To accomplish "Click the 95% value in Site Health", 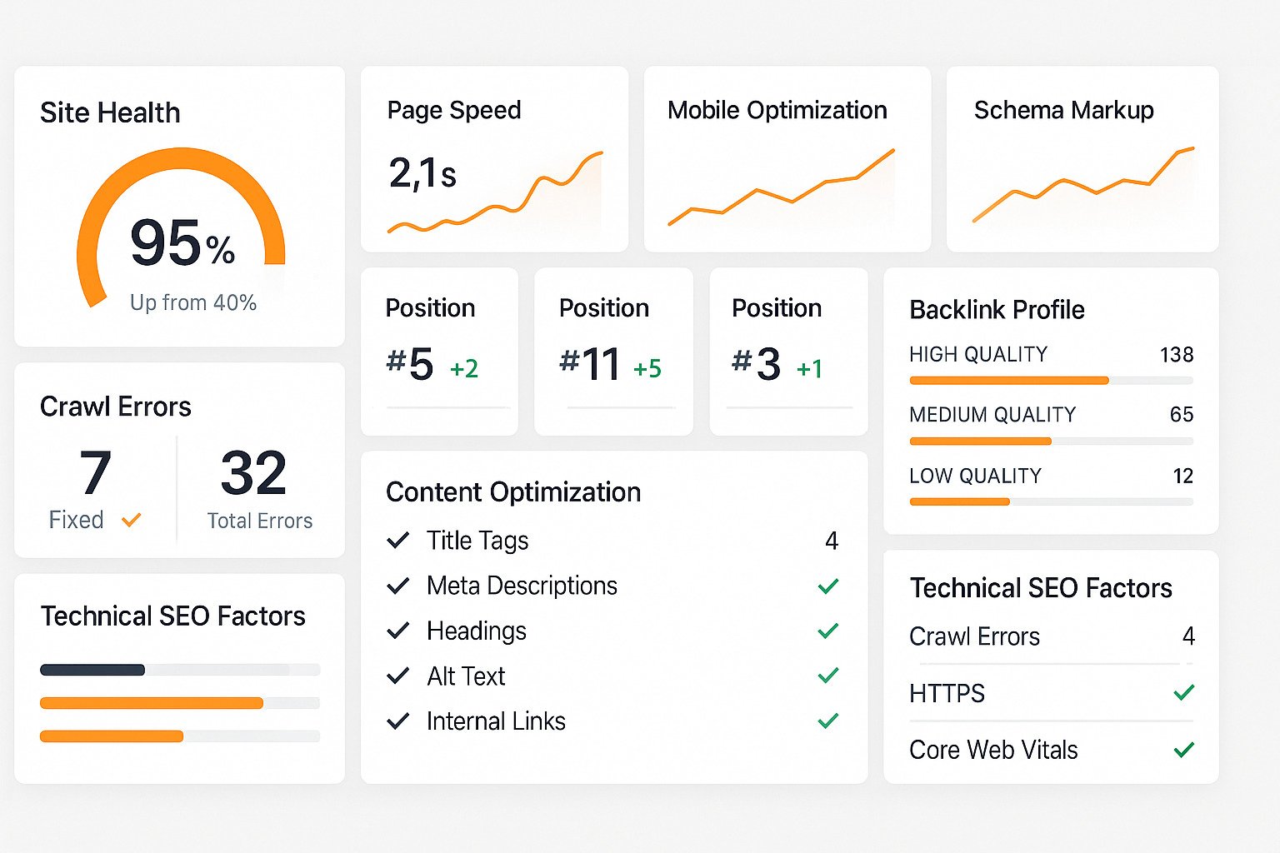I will pyautogui.click(x=182, y=243).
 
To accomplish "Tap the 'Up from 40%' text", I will pyautogui.click(x=193, y=302).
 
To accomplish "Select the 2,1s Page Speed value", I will pyautogui.click(x=422, y=173).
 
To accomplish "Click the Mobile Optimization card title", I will pyautogui.click(x=777, y=110).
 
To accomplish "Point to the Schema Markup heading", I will pyautogui.click(x=1063, y=110).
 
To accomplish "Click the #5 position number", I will pyautogui.click(x=410, y=364).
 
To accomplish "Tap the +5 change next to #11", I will pyautogui.click(x=647, y=368).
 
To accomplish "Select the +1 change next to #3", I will pyautogui.click(x=810, y=368).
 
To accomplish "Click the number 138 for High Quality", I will pyautogui.click(x=1177, y=355).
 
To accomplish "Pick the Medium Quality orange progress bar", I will pyautogui.click(x=980, y=441).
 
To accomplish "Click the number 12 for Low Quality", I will pyautogui.click(x=1182, y=476).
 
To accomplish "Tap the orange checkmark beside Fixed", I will pyautogui.click(x=131, y=521).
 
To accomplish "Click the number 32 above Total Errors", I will pyautogui.click(x=253, y=472).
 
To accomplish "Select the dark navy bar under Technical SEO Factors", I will pyautogui.click(x=92, y=670).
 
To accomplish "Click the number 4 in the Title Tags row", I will pyautogui.click(x=831, y=541).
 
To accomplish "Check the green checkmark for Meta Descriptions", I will pyautogui.click(x=827, y=586).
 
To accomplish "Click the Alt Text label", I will pyautogui.click(x=466, y=676).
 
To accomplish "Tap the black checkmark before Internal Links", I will pyautogui.click(x=398, y=721).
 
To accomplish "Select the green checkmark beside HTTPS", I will pyautogui.click(x=1183, y=692).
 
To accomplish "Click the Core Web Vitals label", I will pyautogui.click(x=993, y=750).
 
